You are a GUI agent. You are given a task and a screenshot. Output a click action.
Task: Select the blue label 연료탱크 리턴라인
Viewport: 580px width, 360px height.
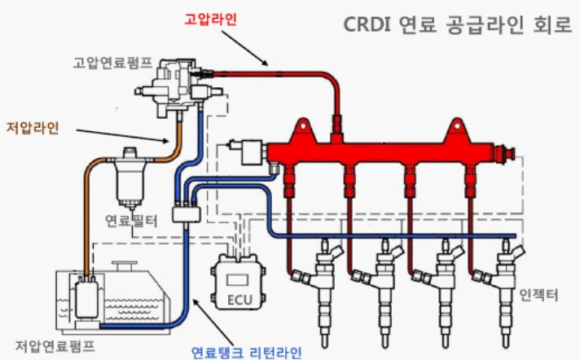(x=246, y=352)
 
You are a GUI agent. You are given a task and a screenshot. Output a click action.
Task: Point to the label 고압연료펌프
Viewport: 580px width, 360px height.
(x=112, y=63)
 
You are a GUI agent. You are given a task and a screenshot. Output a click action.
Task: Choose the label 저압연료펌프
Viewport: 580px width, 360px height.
(x=55, y=346)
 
